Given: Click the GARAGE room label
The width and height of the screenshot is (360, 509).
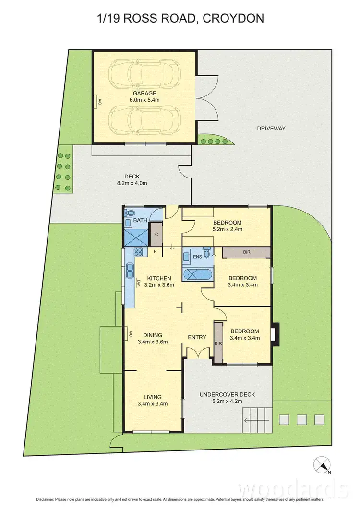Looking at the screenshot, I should [144, 94].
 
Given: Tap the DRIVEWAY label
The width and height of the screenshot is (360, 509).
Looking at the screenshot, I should [271, 128].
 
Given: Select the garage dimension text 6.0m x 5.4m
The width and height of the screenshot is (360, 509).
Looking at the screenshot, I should [144, 100].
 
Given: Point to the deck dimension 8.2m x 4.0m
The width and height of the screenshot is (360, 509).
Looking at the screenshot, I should [132, 183].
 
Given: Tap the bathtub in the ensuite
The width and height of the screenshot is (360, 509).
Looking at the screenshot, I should [197, 275].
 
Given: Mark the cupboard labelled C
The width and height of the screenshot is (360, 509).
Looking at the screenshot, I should [156, 234].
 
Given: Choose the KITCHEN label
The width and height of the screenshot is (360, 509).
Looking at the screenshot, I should [159, 278].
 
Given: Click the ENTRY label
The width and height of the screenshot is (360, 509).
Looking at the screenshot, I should [197, 337].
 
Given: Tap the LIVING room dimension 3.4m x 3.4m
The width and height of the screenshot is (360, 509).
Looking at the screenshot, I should [152, 403].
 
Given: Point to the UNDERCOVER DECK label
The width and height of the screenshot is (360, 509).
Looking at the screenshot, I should [228, 394].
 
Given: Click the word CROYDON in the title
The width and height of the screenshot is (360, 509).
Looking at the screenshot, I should [235, 19].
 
